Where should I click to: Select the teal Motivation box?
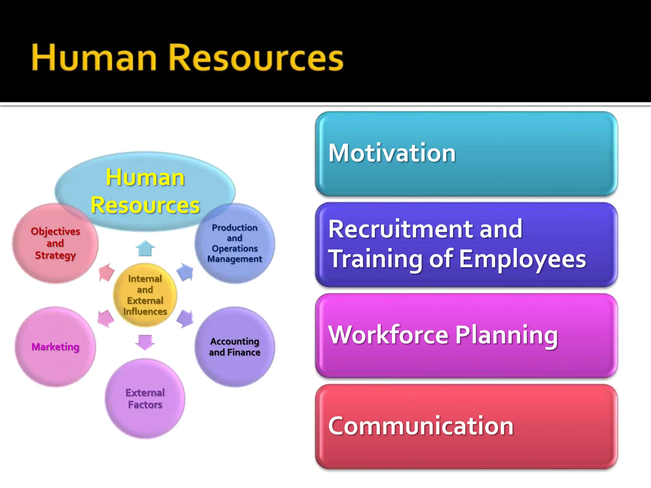(466, 153)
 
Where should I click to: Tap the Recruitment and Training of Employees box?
(466, 245)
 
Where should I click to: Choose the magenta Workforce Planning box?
(466, 335)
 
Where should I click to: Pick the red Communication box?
(466, 426)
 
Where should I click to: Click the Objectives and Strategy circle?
(55, 243)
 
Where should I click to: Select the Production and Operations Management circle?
(235, 243)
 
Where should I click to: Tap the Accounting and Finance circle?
(235, 347)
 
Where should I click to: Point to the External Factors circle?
(145, 399)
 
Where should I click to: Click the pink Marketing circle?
(55, 347)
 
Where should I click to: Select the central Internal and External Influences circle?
(145, 295)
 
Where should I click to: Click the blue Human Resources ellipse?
(145, 191)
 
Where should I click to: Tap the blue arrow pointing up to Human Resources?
(145, 248)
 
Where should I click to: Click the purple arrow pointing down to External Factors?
(145, 342)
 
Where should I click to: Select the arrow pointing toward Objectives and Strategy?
(106, 272)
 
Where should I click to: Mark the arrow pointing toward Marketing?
(106, 318)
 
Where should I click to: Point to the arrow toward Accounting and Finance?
(185, 318)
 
